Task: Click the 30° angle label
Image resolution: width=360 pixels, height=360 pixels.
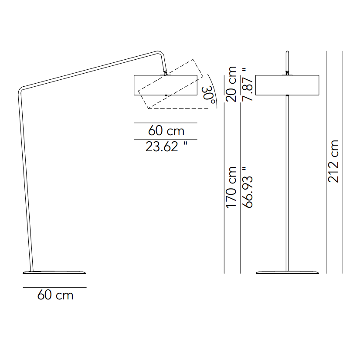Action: coord(209,95)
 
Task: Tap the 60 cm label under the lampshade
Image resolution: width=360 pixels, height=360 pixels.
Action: coord(166,130)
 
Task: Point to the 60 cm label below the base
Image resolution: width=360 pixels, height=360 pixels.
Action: coord(55,295)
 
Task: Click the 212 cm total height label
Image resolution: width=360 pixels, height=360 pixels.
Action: coord(333,161)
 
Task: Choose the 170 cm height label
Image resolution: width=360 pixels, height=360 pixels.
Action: coord(231,187)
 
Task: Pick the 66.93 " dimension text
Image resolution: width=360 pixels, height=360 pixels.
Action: coord(248,187)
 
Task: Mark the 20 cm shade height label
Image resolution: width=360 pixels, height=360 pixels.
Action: coord(231,84)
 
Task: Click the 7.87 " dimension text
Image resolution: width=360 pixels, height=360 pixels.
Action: coord(248,84)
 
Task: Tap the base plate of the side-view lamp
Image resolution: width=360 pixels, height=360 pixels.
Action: coord(55,272)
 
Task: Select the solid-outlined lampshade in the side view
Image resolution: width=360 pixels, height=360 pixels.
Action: coord(166,85)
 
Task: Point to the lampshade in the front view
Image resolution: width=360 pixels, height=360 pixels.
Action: coord(288,85)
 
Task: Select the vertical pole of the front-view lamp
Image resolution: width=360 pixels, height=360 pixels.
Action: coord(288,183)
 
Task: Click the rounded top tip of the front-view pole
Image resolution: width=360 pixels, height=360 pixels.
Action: coord(287,51)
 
